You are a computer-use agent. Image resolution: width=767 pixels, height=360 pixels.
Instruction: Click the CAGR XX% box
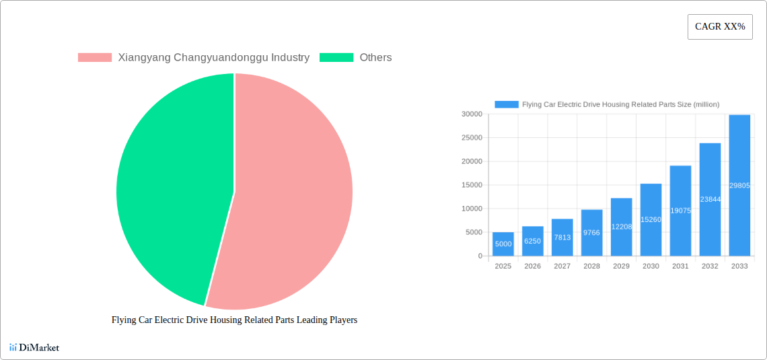coord(720,27)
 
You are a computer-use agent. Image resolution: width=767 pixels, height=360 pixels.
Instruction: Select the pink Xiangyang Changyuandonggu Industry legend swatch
coord(95,58)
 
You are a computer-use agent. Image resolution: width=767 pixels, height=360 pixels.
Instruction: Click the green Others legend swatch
coord(336,58)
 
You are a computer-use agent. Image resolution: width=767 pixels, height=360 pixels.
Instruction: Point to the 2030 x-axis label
coord(651,266)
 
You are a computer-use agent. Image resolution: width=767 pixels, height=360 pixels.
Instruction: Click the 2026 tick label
coord(532,266)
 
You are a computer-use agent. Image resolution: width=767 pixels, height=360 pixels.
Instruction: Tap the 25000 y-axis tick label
coord(472,138)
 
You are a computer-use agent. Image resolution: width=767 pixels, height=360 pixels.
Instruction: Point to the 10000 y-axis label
coord(472,209)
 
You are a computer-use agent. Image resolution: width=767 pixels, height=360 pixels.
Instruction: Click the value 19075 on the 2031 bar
coord(680,211)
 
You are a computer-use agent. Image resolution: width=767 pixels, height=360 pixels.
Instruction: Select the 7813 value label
coord(562,238)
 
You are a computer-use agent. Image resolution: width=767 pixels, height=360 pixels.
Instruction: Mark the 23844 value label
coord(710,199)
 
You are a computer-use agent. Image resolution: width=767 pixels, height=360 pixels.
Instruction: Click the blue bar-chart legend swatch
coord(507,104)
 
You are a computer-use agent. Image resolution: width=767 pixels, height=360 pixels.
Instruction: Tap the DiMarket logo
coord(34,347)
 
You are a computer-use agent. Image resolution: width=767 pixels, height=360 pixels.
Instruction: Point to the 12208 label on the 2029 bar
coord(621,227)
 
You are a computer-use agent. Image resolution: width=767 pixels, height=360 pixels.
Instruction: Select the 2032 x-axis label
coord(710,266)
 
